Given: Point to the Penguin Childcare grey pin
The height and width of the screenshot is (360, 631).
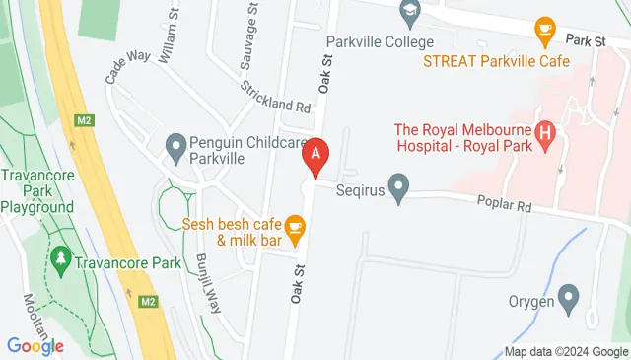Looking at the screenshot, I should coord(176,149).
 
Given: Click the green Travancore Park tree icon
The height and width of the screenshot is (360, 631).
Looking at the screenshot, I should coord(61,260).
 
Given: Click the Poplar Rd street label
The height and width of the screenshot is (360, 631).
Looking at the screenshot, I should coord(512,207).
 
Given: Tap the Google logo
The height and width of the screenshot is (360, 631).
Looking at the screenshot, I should coord(35,346).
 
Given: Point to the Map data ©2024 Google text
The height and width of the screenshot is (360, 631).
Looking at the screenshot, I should coord(565,351).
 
